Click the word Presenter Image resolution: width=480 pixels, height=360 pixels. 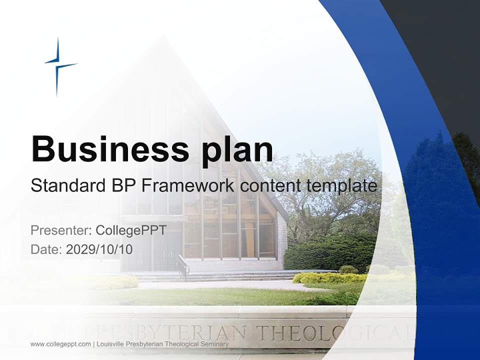click(x=60, y=230)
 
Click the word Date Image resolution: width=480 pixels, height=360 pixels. click(x=46, y=249)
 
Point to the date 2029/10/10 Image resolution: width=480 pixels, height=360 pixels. click(x=99, y=249)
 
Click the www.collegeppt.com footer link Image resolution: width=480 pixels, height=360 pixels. click(x=60, y=344)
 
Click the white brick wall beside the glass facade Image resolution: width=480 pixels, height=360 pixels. click(x=282, y=240)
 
